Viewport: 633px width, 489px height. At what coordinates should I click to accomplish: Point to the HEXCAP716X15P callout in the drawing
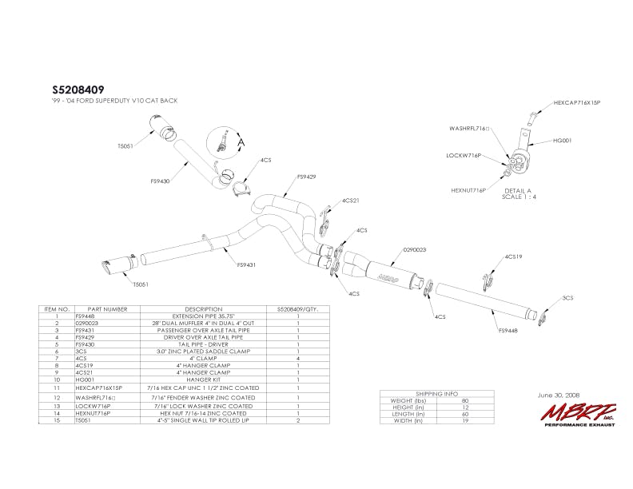pos(576,103)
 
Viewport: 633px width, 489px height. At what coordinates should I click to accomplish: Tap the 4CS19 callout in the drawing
pos(513,256)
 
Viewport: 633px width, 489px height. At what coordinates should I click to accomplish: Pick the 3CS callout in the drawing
pos(568,297)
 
